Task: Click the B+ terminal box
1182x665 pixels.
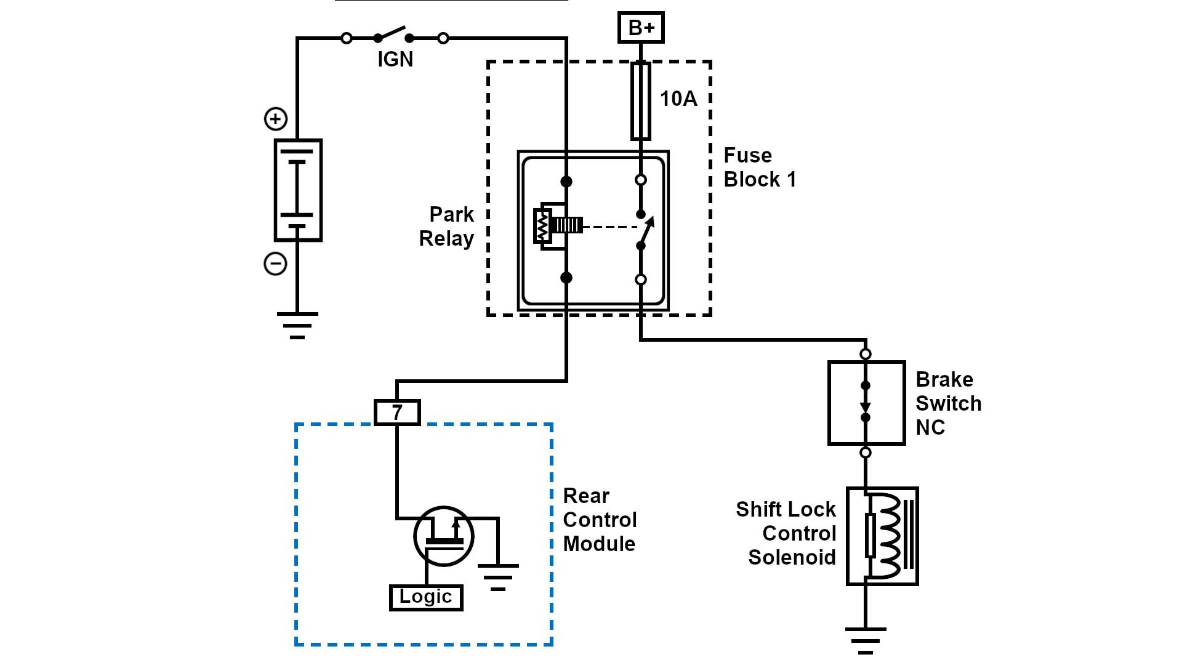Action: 641,28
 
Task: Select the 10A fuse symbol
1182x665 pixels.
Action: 641,101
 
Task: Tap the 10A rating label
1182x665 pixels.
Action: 678,99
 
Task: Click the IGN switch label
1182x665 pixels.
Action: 395,59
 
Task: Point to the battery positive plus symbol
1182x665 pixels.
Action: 276,119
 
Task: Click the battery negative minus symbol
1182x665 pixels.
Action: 275,264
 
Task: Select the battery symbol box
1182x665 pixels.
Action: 298,190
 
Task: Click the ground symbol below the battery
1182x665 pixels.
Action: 297,325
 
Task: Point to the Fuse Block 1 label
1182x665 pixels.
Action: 760,167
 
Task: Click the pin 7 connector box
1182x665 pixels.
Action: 397,412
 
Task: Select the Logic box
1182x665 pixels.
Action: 426,597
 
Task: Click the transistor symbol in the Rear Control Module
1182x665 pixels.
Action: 443,536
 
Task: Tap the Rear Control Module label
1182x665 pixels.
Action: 600,520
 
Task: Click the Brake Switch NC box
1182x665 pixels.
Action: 866,403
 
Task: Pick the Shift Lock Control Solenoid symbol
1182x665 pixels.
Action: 882,536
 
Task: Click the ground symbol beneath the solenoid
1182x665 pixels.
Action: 866,640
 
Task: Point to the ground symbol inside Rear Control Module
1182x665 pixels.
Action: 498,576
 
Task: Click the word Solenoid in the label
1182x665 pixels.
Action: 792,557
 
